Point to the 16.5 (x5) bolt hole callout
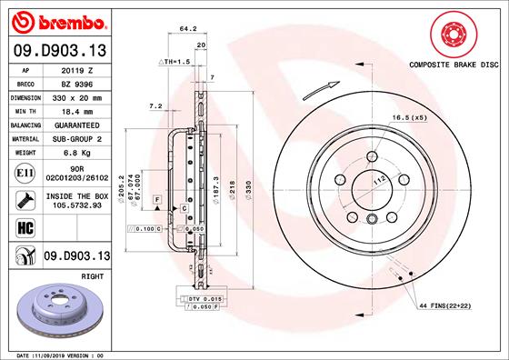408,118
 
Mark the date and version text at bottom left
64,354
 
